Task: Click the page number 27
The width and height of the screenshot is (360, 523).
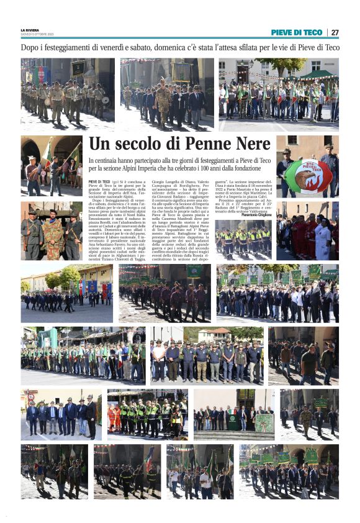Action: (335, 32)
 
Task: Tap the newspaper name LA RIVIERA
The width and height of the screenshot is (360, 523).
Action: (30, 30)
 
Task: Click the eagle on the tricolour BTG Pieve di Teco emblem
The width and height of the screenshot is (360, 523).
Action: (307, 176)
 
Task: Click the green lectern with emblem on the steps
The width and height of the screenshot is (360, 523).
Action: (233, 421)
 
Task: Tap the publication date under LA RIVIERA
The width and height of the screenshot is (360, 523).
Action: (37, 35)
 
